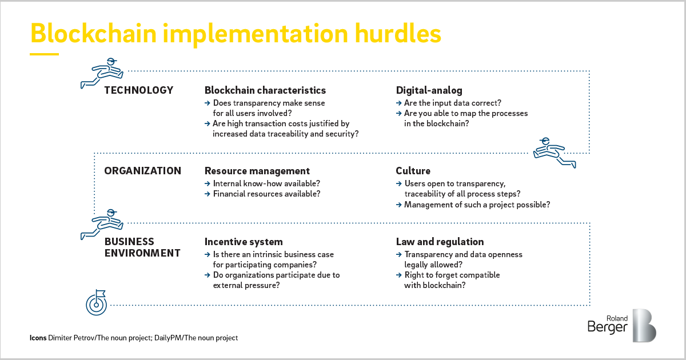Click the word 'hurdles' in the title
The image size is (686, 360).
tap(398, 33)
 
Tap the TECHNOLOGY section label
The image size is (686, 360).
tap(139, 90)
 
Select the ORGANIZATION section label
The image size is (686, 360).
tap(143, 171)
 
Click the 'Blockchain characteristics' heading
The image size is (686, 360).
tap(265, 90)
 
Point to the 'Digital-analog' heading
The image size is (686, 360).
tap(429, 91)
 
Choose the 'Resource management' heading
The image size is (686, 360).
tap(257, 171)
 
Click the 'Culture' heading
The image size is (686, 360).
tap(413, 171)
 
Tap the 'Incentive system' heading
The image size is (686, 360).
tap(244, 242)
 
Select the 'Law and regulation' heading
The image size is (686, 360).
tap(440, 242)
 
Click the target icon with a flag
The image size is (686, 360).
tap(97, 303)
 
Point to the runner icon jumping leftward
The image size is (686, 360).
tap(555, 153)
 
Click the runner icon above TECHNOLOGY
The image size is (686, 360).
tap(102, 74)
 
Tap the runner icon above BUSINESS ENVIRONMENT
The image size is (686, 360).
tap(102, 225)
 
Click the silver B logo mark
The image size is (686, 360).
tap(644, 325)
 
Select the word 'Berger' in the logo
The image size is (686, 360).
tap(608, 327)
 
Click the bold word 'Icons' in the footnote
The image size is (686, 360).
tap(38, 338)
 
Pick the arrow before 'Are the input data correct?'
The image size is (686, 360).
tap(399, 103)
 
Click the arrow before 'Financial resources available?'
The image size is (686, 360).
tap(208, 194)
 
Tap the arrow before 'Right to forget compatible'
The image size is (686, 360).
tap(399, 275)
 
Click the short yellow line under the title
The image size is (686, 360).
tap(44, 54)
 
